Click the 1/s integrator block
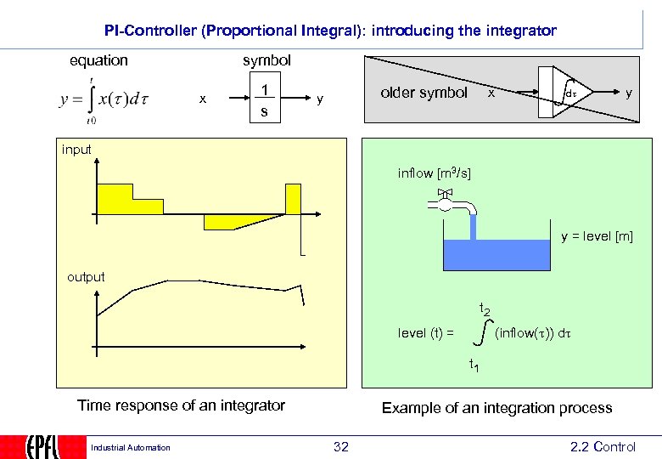click(266, 100)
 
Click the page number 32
click(341, 447)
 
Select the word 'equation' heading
click(98, 60)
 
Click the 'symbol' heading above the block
click(266, 60)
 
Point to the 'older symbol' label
click(424, 93)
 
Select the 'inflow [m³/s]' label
click(435, 174)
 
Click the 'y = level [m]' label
click(597, 235)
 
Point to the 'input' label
click(76, 150)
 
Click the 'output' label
click(86, 276)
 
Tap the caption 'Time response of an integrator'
click(182, 405)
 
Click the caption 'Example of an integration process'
click(496, 408)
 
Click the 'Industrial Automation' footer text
click(131, 448)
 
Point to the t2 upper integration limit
click(485, 309)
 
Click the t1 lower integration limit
click(474, 366)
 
